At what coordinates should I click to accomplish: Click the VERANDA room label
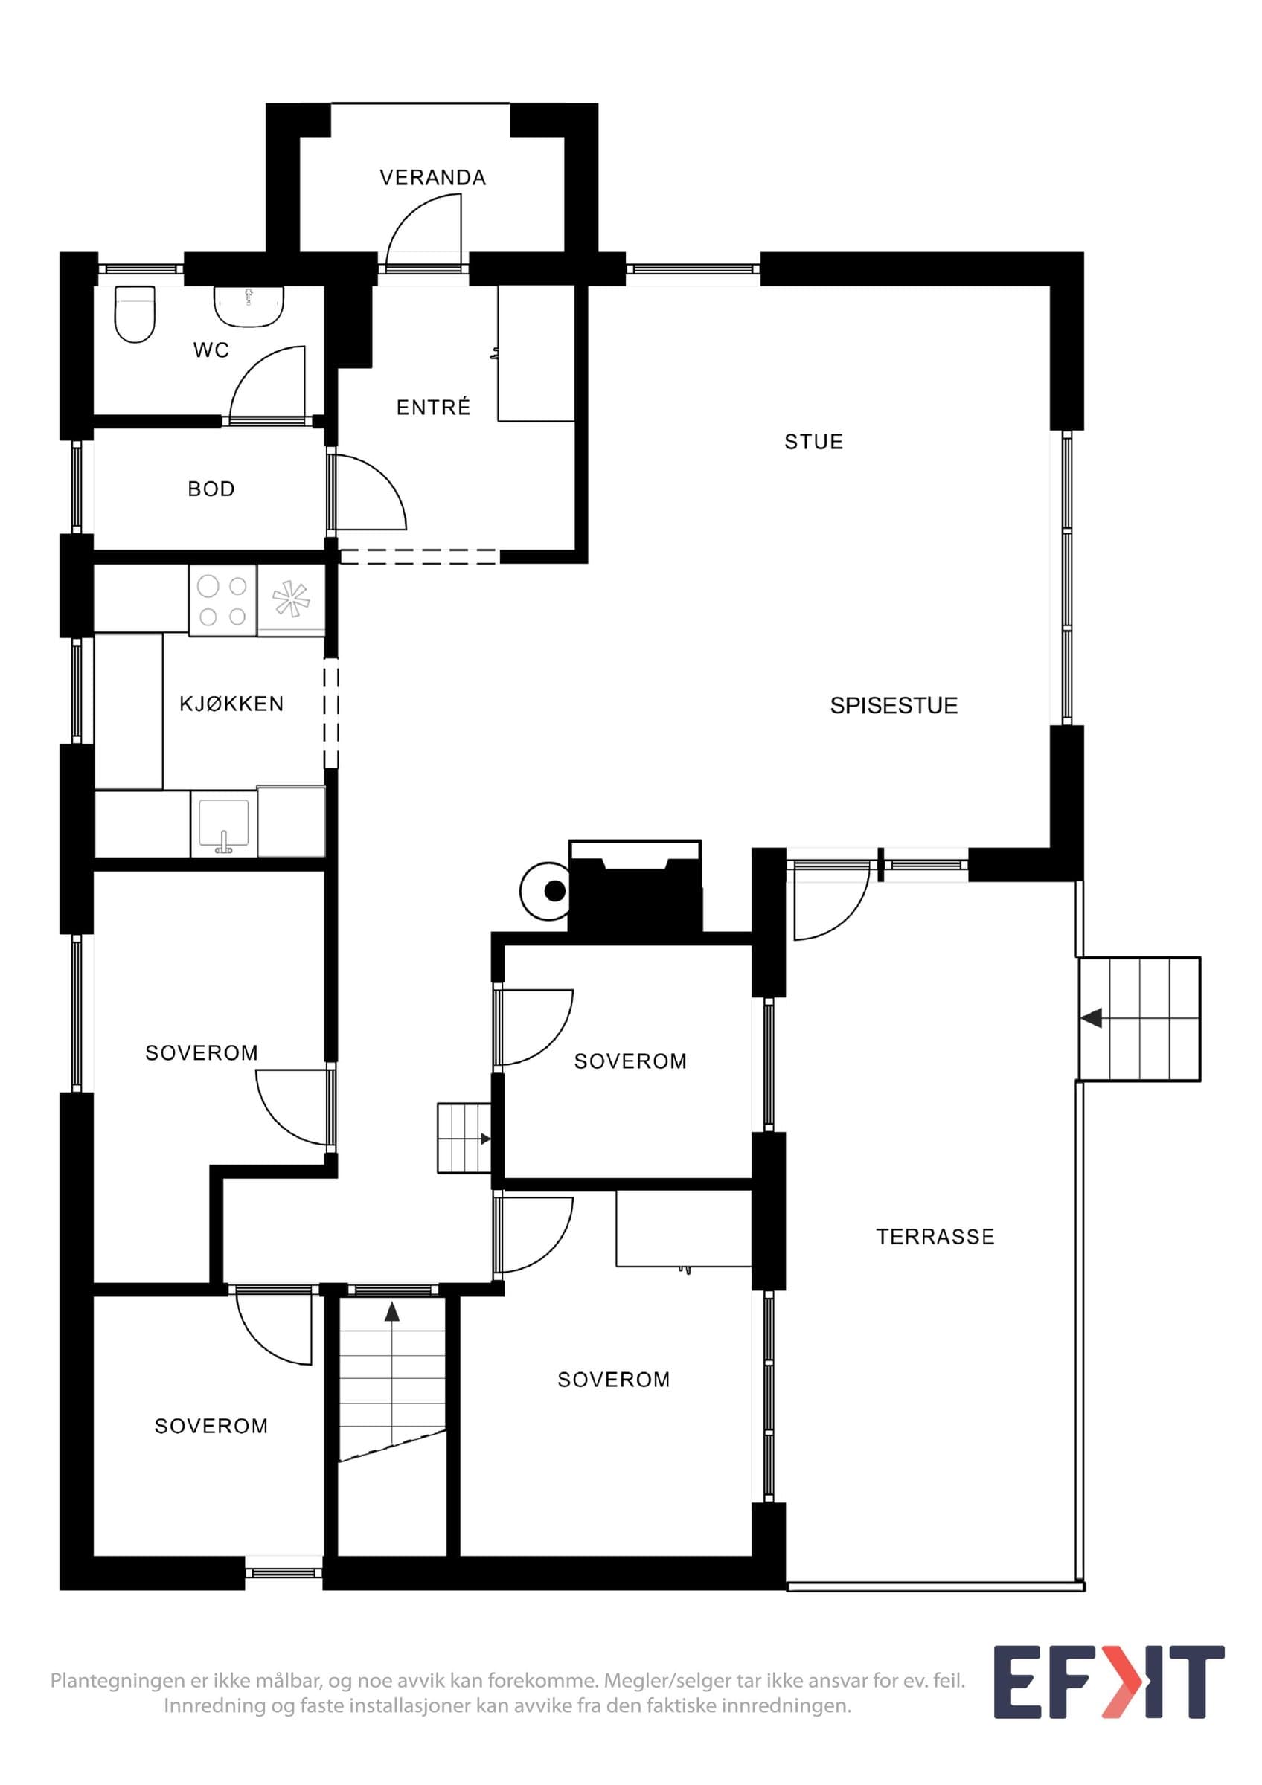432,178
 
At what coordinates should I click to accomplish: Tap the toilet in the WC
135,314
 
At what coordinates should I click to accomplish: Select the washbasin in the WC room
249,306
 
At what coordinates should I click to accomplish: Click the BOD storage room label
211,489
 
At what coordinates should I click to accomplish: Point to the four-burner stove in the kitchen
223,601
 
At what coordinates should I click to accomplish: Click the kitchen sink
224,824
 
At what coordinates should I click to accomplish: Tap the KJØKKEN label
231,704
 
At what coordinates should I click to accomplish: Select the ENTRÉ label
433,407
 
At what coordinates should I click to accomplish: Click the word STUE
813,442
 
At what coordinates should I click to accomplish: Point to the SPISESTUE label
894,705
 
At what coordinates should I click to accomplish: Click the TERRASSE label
935,1237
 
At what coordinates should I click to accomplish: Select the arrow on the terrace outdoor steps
1092,1017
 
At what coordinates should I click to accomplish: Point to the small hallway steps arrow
485,1139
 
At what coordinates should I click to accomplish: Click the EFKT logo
1109,1692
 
